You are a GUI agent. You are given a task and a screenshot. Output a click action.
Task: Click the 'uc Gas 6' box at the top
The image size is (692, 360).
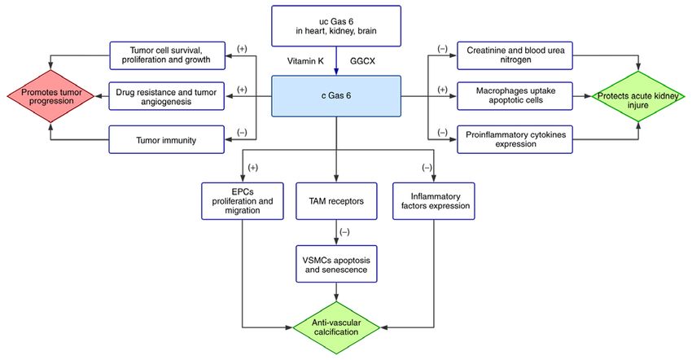pyautogui.click(x=336, y=26)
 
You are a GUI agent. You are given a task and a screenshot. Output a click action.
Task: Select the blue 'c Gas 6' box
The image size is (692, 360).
pyautogui.click(x=336, y=96)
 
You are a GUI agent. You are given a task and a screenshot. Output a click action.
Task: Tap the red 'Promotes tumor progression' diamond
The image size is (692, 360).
pyautogui.click(x=51, y=96)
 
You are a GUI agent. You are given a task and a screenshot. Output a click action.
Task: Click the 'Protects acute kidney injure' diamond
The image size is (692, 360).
pyautogui.click(x=637, y=96)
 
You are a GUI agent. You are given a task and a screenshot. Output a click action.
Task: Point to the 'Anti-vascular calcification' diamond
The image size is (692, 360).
pyautogui.click(x=336, y=327)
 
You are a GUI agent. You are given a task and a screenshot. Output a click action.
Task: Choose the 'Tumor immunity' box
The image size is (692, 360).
pyautogui.click(x=166, y=139)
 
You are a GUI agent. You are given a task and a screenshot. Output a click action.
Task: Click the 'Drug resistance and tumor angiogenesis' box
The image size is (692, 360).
pyautogui.click(x=166, y=96)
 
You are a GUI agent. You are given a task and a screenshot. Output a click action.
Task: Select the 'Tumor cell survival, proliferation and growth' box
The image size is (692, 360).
pyautogui.click(x=167, y=55)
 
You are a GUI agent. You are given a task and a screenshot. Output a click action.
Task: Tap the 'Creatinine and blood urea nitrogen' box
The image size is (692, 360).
pyautogui.click(x=515, y=55)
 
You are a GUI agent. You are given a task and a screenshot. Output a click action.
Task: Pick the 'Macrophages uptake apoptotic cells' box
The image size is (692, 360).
pyautogui.click(x=515, y=96)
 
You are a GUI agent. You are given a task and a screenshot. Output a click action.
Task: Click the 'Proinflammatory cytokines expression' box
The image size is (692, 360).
pyautogui.click(x=515, y=139)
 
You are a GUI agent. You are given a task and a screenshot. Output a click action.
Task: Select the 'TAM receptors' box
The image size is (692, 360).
pyautogui.click(x=336, y=201)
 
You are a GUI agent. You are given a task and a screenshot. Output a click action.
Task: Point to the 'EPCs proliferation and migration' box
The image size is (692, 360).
pyautogui.click(x=243, y=201)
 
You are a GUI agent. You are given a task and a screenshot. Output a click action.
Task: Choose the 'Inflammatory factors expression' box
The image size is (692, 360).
pyautogui.click(x=434, y=201)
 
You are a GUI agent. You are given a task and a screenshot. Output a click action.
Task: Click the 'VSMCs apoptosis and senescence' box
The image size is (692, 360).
pyautogui.click(x=336, y=264)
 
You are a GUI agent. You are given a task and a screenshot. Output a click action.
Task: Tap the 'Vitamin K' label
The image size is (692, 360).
pyautogui.click(x=305, y=61)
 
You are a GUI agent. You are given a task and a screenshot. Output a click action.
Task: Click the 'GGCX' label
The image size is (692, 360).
pyautogui.click(x=362, y=61)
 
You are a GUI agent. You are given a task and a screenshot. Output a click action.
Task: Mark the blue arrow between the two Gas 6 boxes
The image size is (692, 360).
pyautogui.click(x=336, y=61)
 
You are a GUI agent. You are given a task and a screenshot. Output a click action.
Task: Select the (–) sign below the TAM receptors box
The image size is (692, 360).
pyautogui.click(x=344, y=232)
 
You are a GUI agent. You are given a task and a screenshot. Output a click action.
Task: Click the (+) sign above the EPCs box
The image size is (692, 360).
pyautogui.click(x=253, y=168)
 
